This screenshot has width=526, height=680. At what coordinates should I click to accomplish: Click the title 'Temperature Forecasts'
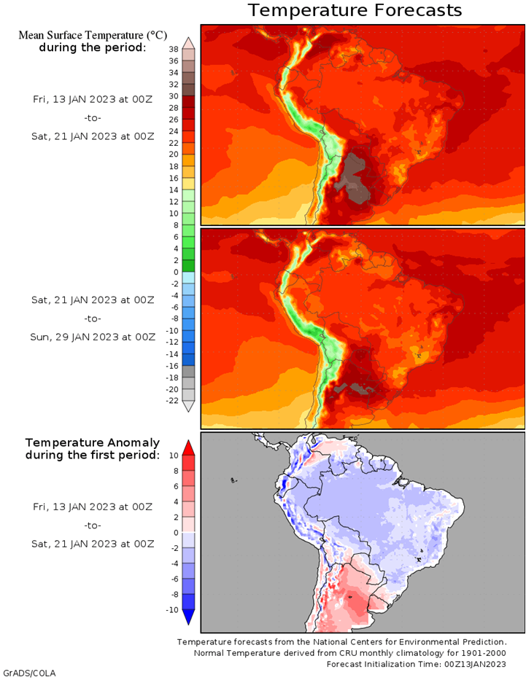355,10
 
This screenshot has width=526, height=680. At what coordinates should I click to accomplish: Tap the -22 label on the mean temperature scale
172,400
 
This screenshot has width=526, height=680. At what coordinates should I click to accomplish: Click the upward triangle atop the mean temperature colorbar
188,42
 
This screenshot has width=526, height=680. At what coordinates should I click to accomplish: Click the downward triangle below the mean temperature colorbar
188,407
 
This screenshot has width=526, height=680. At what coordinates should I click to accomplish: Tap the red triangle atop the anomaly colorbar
188,447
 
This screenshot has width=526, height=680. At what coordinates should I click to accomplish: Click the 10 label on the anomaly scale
174,455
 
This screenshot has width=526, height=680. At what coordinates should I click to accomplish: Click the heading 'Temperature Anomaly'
93,442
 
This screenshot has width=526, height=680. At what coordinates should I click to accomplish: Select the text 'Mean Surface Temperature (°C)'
93,35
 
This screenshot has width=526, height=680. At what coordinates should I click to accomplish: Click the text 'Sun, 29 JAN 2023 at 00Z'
93,337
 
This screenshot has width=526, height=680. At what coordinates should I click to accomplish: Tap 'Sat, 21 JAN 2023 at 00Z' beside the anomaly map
93,544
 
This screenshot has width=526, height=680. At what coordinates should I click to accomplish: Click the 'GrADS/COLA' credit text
29,673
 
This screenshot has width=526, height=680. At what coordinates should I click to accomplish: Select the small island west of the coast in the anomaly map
233,480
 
